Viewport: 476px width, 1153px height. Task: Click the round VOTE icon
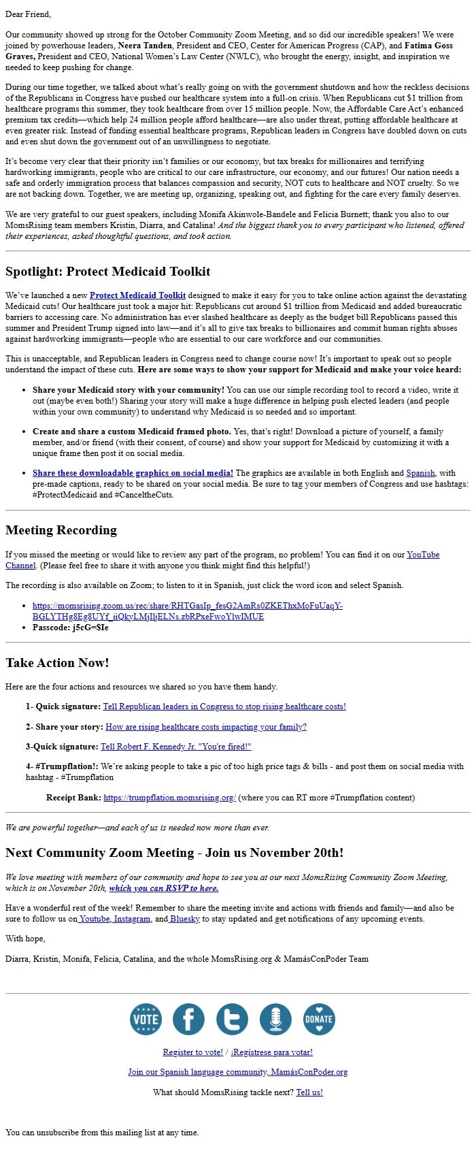tap(146, 1019)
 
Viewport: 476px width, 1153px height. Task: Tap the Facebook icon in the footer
tap(188, 1019)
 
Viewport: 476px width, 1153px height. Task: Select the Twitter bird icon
tap(232, 1019)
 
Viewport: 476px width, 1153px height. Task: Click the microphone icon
tap(275, 1019)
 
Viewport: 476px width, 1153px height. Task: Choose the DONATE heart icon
tap(319, 1019)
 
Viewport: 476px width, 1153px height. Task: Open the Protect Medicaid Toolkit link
tap(137, 295)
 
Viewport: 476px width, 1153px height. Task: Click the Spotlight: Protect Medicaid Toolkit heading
tap(107, 272)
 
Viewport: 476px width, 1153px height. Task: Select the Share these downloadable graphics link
tap(133, 473)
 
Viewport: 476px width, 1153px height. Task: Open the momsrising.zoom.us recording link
tap(187, 611)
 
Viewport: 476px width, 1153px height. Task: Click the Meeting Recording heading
tap(61, 530)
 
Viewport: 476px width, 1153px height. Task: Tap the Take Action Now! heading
tap(57, 663)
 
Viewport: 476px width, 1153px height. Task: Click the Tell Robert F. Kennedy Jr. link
tap(176, 747)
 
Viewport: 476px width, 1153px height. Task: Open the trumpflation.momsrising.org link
tap(169, 798)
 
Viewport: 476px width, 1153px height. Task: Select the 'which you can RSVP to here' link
tap(163, 888)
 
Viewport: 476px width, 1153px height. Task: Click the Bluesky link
tap(184, 919)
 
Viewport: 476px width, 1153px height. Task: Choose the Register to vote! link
tap(192, 1052)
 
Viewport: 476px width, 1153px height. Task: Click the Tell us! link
tap(309, 1092)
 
